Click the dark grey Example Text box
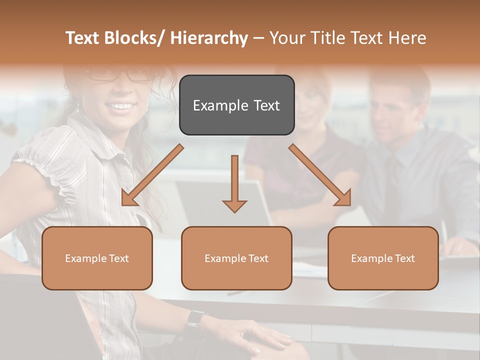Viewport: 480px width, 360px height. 236,105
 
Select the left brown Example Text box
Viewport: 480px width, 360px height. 97,258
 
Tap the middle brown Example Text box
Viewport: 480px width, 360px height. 236,258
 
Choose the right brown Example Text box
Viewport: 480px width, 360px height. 383,258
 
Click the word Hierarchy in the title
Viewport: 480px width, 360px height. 209,38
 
